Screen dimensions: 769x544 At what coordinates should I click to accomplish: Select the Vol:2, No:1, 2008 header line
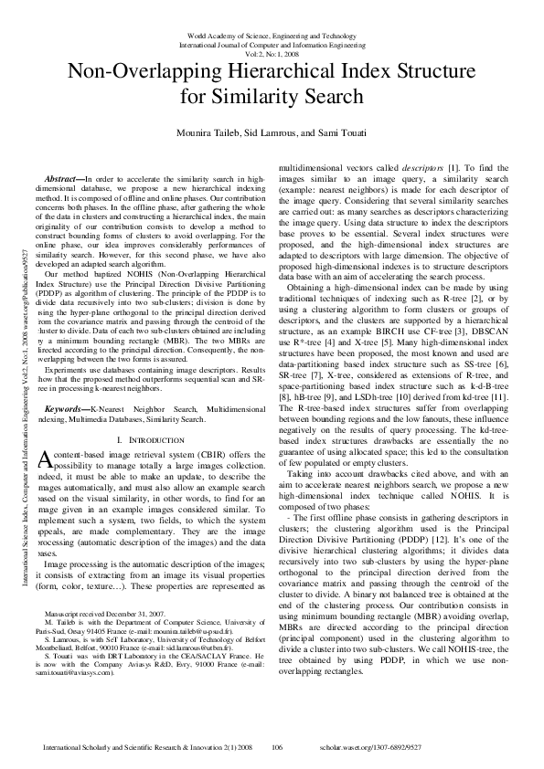tap(272, 51)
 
